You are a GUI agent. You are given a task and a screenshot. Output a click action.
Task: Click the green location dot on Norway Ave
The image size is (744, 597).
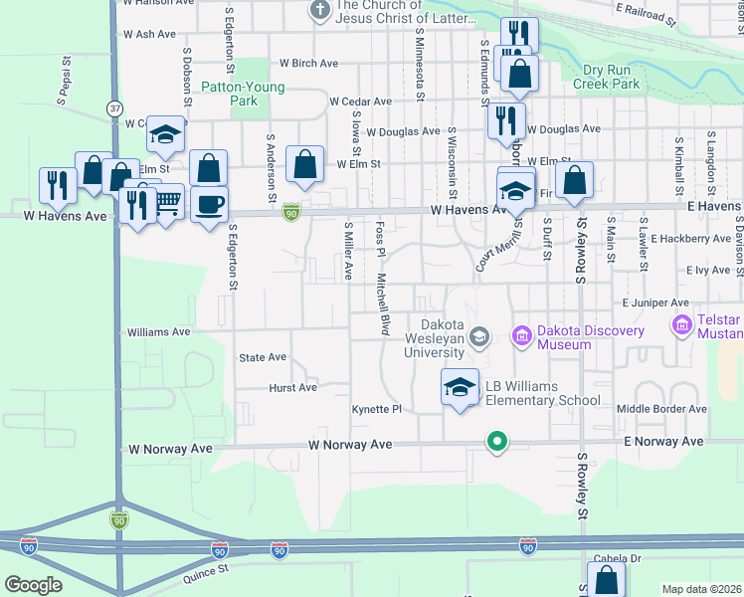point(494,441)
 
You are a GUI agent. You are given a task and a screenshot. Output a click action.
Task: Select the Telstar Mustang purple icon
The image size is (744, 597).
point(682,325)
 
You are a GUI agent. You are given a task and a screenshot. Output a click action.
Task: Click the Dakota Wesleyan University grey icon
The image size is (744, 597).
point(479,337)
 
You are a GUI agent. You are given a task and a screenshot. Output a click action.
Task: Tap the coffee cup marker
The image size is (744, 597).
point(208,204)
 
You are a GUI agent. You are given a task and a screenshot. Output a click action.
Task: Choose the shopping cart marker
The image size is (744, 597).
point(166,202)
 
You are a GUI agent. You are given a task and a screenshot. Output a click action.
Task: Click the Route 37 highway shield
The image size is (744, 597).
point(116,107)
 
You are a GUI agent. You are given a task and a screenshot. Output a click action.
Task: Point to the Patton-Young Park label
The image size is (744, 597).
point(244,94)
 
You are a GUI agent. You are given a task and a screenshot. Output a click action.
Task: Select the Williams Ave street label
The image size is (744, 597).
point(158,331)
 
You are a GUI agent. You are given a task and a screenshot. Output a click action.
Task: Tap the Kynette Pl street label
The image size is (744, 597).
point(376,409)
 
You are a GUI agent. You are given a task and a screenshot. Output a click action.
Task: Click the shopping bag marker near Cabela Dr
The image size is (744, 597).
point(606,579)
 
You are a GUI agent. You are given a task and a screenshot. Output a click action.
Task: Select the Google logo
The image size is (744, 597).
point(33,584)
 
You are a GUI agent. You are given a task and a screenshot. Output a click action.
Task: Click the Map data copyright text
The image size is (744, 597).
point(702,589)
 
